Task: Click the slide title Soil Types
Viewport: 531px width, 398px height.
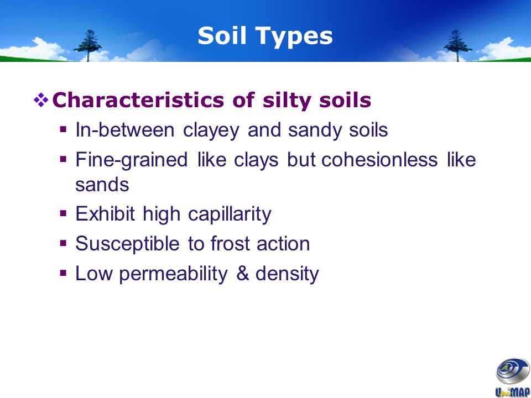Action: [x=265, y=36]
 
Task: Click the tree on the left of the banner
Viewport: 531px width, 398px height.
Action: [x=88, y=45]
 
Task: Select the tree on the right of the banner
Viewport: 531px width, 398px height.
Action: [x=458, y=45]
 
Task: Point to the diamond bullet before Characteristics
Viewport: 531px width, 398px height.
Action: [x=41, y=100]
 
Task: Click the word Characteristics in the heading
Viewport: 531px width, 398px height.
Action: [x=138, y=100]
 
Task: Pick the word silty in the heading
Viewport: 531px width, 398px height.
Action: [x=287, y=101]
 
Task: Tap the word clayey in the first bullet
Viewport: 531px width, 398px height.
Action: [x=211, y=131]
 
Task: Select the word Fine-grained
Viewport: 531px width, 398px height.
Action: [x=132, y=160]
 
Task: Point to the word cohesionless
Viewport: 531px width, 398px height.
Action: [x=379, y=159]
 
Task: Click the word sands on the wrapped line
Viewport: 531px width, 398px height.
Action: [x=102, y=185]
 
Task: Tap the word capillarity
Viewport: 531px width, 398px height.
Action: [x=230, y=215]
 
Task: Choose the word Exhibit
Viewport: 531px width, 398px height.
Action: [x=105, y=214]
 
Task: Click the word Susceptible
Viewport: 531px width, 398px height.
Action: [x=127, y=244]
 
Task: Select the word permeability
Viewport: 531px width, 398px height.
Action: [x=173, y=274]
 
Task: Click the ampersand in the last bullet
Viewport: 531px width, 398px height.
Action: [x=242, y=274]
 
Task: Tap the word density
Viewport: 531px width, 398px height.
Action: [x=287, y=274]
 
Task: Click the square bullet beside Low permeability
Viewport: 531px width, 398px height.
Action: [x=63, y=273]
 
